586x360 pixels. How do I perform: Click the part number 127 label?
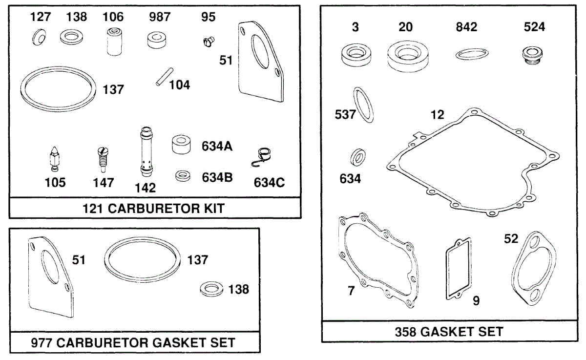point(40,17)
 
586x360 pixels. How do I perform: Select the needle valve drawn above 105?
point(55,159)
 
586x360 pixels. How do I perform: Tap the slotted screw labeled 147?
point(103,160)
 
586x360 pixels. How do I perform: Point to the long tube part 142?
point(146,152)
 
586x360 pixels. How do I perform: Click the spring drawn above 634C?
point(262,157)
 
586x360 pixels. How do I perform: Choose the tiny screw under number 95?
point(209,42)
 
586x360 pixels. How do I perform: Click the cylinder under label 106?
point(114,42)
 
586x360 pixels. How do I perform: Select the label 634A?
point(217,146)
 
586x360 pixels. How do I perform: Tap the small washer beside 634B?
point(183,176)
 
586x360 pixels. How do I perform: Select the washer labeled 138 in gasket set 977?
point(211,289)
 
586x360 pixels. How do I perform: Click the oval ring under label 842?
point(472,54)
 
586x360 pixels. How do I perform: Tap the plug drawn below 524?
point(532,56)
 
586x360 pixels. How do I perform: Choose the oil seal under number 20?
point(408,56)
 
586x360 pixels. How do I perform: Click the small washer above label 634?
point(358,157)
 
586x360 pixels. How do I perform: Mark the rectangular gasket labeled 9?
point(459,269)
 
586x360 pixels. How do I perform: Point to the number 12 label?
point(437,115)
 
